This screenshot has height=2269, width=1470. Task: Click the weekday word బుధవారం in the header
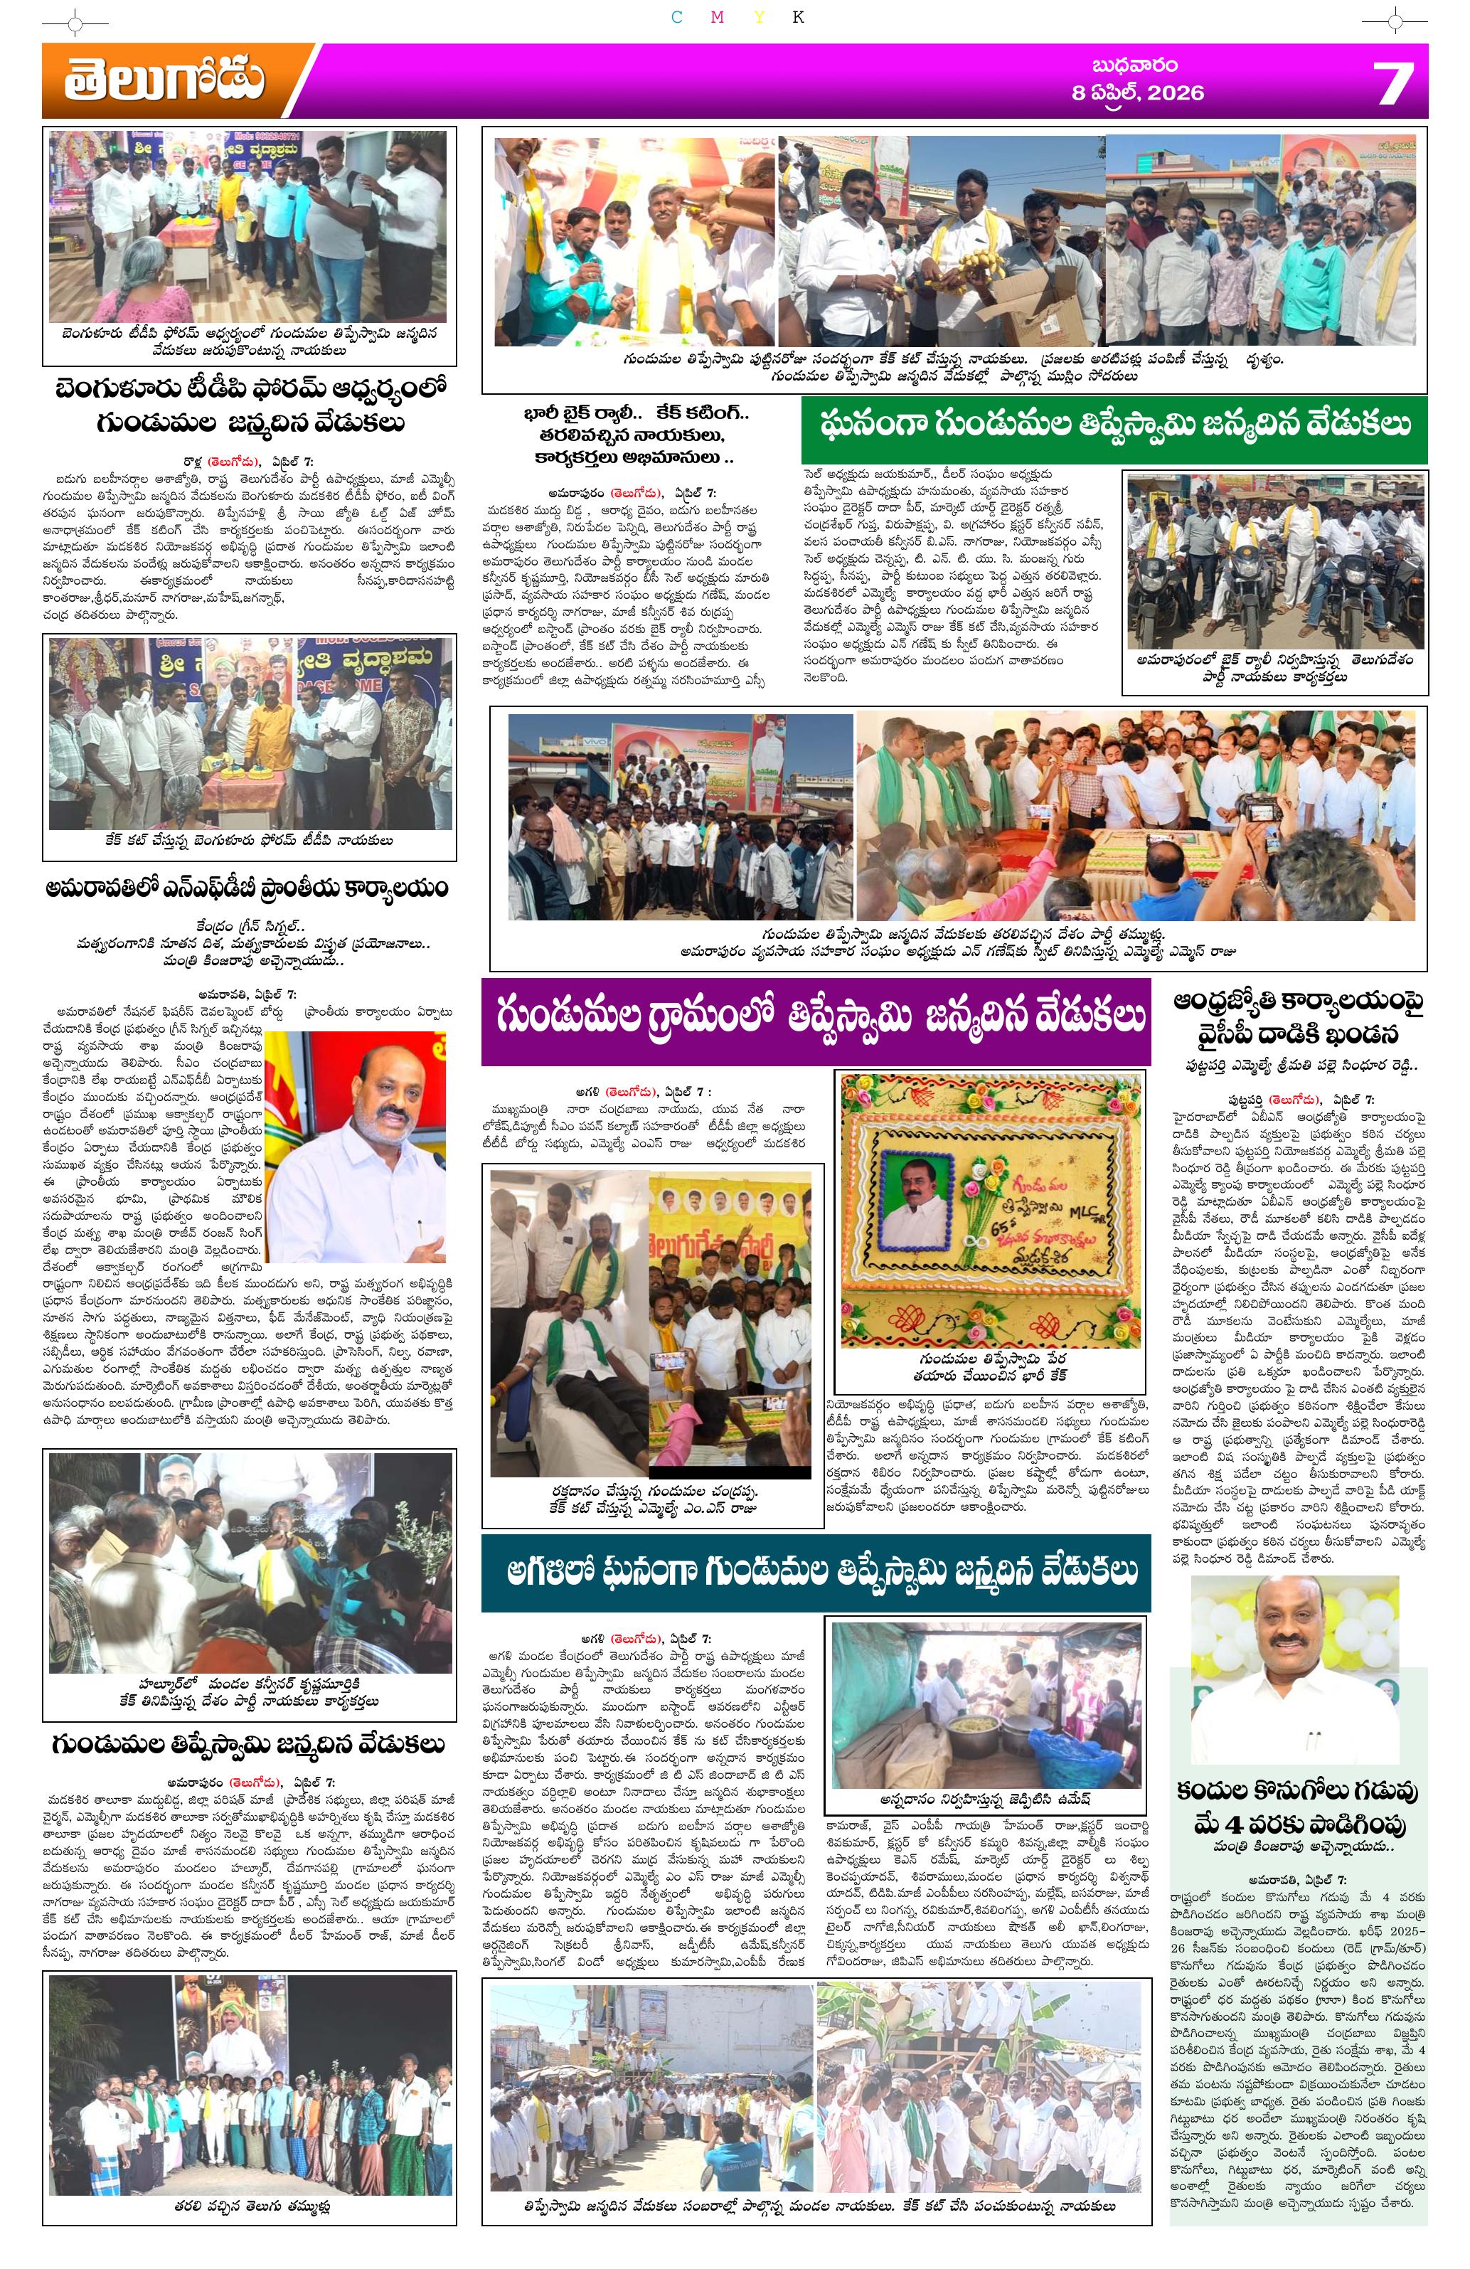[x=1134, y=65]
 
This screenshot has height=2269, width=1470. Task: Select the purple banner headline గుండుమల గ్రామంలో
[x=816, y=1018]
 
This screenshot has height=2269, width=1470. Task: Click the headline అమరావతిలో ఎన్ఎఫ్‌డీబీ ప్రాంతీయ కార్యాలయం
[x=248, y=888]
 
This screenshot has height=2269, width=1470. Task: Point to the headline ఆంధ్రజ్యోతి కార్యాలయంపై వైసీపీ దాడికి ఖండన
[x=1299, y=1018]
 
